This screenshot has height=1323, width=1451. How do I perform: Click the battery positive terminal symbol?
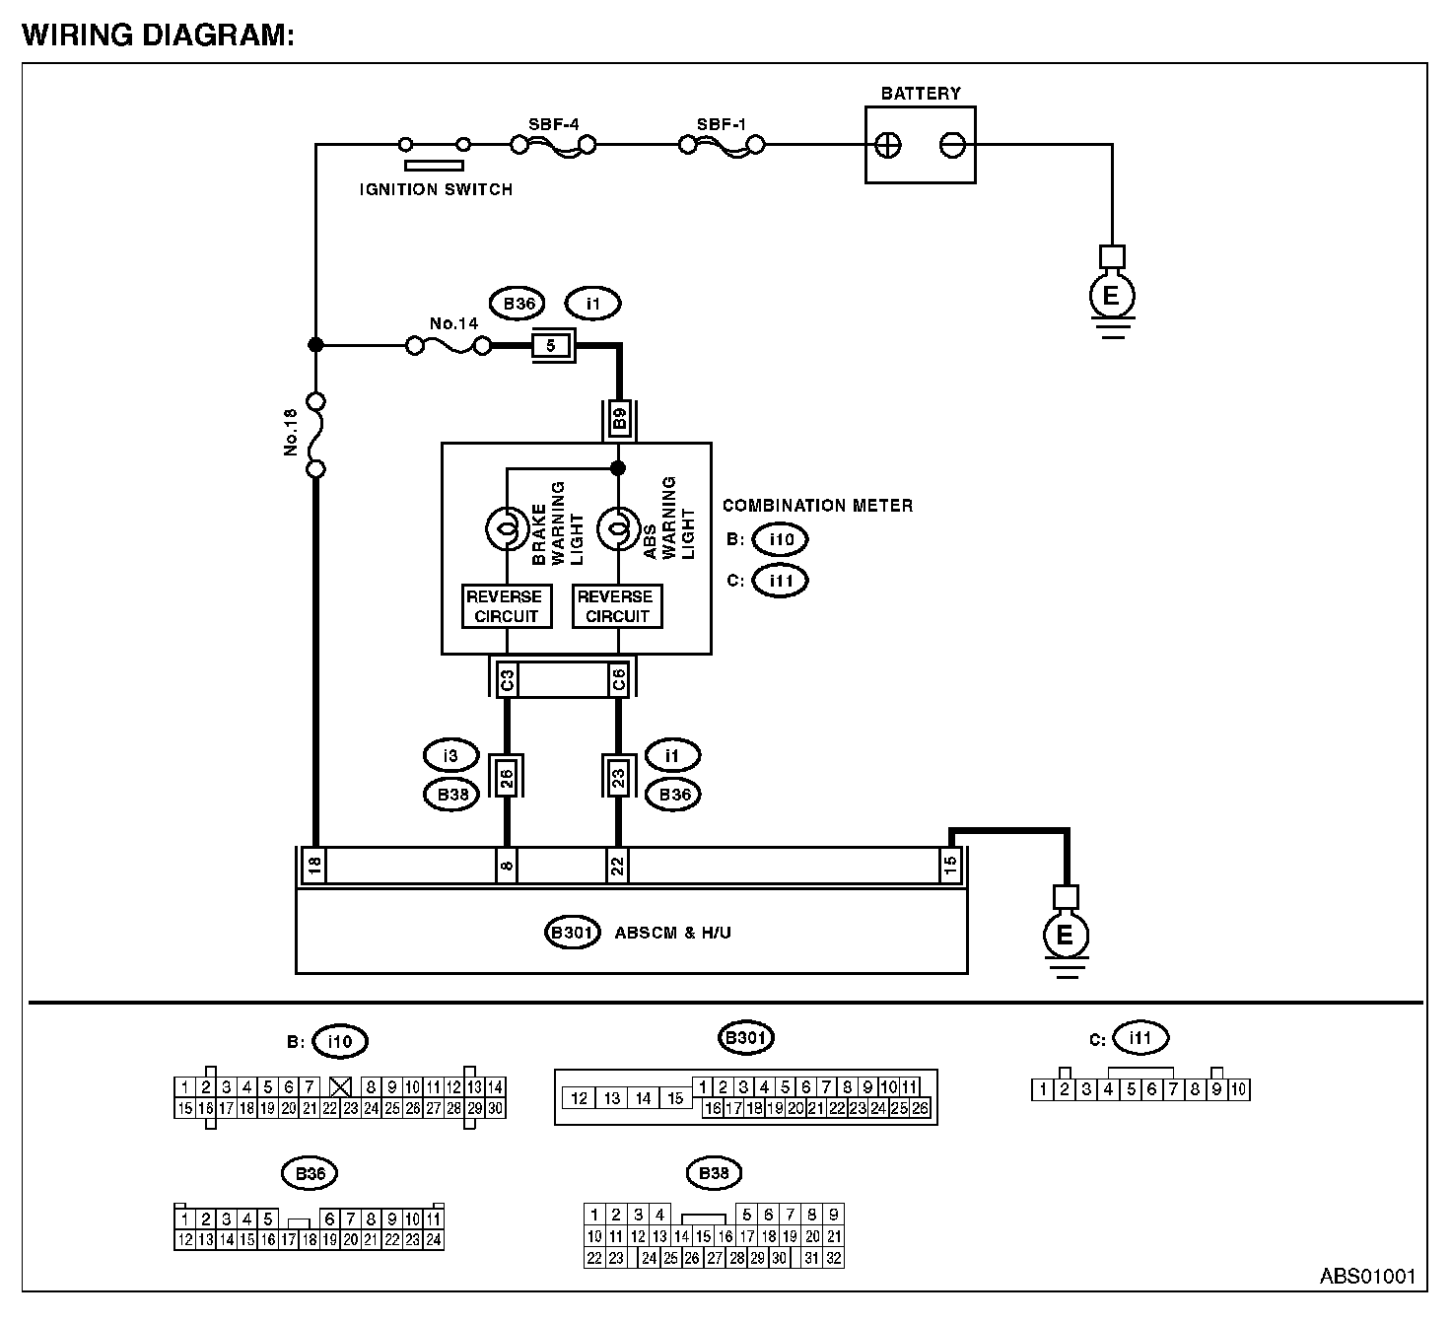coord(887,146)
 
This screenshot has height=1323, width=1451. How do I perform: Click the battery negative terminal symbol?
coord(952,146)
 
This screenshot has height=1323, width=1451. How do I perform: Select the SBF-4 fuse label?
coord(553,124)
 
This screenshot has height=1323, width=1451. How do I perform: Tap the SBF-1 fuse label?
coord(722,124)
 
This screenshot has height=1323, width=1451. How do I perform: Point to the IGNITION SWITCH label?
coord(436,189)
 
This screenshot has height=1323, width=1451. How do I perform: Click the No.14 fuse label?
coord(454,323)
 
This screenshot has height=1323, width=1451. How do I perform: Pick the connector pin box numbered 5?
coord(550,346)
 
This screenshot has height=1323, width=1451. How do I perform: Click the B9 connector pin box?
coord(619,418)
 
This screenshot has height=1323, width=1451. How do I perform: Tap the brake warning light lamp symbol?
coord(507,528)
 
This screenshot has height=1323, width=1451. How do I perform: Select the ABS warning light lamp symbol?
coord(618,528)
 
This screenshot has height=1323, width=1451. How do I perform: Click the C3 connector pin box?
coord(507,679)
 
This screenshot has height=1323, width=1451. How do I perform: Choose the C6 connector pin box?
coord(618,679)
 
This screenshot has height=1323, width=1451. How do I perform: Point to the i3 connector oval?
coord(450,755)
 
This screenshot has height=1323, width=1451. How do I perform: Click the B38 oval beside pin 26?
coord(452,795)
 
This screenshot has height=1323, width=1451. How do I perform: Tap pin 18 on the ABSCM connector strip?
coord(314,865)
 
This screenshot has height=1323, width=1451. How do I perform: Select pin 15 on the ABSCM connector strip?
coord(950,865)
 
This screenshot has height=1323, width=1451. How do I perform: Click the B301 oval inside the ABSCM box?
coord(572,933)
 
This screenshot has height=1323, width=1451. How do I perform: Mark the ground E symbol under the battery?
coord(1112,296)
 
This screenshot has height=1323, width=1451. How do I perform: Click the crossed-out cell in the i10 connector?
coord(340,1086)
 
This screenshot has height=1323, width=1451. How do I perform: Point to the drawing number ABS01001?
coord(1368,1276)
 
